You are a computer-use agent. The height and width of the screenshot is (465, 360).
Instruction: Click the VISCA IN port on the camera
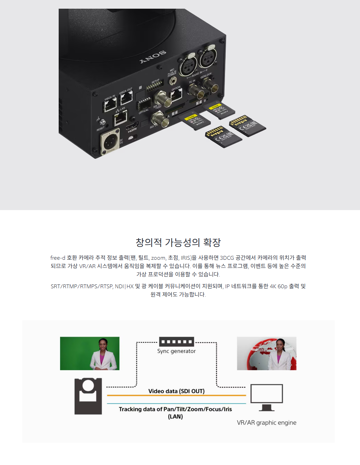point(110,104)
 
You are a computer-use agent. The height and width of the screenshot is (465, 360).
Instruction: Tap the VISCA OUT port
point(126,99)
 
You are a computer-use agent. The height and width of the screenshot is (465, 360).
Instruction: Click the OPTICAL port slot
point(144,104)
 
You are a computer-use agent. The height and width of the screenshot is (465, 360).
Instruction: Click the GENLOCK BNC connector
point(209,84)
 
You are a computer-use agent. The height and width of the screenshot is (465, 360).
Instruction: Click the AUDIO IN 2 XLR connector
point(208,57)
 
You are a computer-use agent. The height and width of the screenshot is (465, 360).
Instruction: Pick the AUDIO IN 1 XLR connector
point(188,65)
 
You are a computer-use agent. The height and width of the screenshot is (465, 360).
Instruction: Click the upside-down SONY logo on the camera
point(153,57)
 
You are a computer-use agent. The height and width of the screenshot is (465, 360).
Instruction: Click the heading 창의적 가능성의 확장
point(178,242)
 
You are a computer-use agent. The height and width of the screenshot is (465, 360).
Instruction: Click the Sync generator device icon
point(176,342)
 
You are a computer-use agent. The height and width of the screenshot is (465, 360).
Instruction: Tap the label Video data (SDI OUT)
point(176,391)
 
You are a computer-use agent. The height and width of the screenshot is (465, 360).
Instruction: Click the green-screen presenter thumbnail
point(90,353)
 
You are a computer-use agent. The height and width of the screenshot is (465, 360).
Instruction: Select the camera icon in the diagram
point(88,396)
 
